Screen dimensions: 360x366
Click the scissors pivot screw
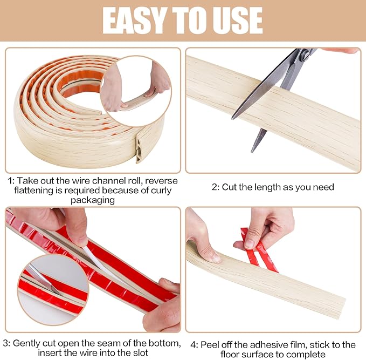305,55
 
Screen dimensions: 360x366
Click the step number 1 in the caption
10,181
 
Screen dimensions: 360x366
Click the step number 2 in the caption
214,187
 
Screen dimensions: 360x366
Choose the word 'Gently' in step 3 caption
27,343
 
